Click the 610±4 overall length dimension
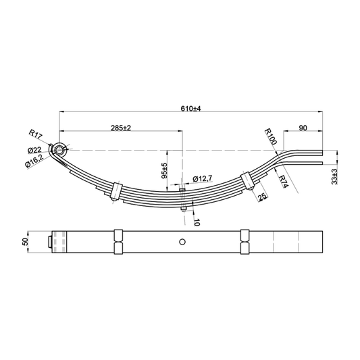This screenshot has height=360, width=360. [x=190, y=108]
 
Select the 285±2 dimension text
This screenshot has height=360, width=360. [x=121, y=128]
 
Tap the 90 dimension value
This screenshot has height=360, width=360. [x=303, y=128]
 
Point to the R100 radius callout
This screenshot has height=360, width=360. [x=270, y=136]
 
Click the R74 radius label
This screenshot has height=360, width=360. [x=283, y=182]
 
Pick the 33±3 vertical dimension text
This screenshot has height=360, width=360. [x=334, y=176]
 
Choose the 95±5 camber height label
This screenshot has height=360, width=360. [x=165, y=171]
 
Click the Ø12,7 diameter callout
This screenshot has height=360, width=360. [x=203, y=178]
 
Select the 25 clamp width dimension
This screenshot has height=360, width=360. [x=263, y=197]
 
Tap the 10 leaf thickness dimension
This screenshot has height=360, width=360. [x=197, y=222]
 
